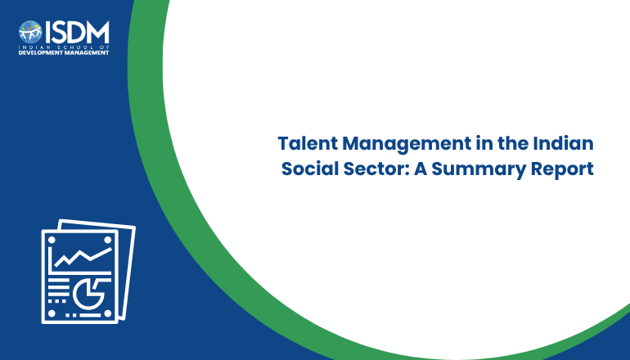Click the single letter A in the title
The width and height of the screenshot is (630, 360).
[421, 169]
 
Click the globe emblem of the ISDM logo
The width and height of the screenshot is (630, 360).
[30, 32]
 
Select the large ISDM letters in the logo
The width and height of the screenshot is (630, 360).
[77, 32]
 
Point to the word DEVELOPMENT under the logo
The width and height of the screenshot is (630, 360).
[38, 52]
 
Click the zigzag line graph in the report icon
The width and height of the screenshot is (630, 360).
[83, 257]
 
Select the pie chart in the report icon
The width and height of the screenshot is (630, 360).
[88, 293]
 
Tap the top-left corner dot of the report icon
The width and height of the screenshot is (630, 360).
[52, 240]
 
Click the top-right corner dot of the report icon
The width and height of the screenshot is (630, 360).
[108, 240]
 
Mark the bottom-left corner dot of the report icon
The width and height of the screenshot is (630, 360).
[52, 313]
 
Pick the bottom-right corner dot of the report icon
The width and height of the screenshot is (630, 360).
[108, 313]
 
